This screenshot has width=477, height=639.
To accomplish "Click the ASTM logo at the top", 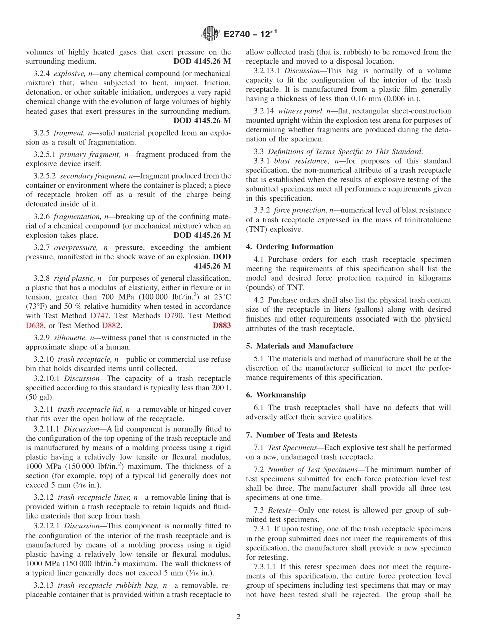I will click(210, 34).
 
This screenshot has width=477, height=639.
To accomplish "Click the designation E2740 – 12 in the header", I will click(250, 34).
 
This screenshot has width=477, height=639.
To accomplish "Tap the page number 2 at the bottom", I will click(238, 617).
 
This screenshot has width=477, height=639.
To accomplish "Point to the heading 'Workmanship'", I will click(281, 395).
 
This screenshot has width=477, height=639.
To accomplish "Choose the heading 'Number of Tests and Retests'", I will click(307, 435).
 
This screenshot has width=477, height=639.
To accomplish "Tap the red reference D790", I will click(173, 316).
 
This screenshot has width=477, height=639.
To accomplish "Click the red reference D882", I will click(111, 325).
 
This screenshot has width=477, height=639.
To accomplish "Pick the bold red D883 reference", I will click(222, 325).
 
